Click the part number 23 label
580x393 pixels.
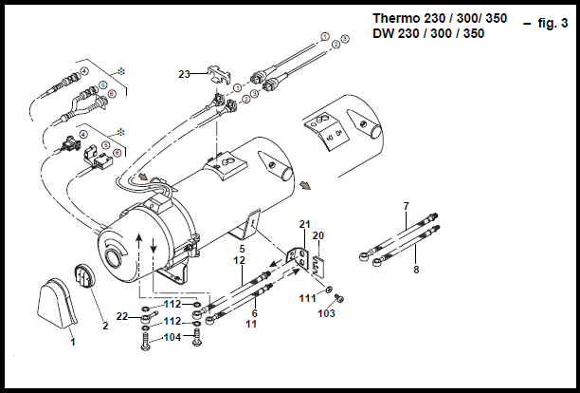pyautogui.click(x=184, y=72)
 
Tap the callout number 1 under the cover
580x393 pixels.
pyautogui.click(x=72, y=341)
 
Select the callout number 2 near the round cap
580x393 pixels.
pyautogui.click(x=106, y=324)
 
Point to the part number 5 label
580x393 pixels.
pyautogui.click(x=242, y=249)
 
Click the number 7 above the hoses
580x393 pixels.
pyautogui.click(x=406, y=206)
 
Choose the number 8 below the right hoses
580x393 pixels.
pyautogui.click(x=415, y=270)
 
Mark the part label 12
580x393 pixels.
pyautogui.click(x=240, y=260)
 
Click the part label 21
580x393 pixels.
pyautogui.click(x=304, y=224)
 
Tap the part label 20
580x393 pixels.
pyautogui.click(x=318, y=235)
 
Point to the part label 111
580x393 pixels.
pyautogui.click(x=308, y=298)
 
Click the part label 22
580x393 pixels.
pyautogui.click(x=122, y=315)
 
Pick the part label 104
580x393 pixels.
pyautogui.click(x=172, y=337)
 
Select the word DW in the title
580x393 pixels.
pyautogui.click(x=383, y=33)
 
